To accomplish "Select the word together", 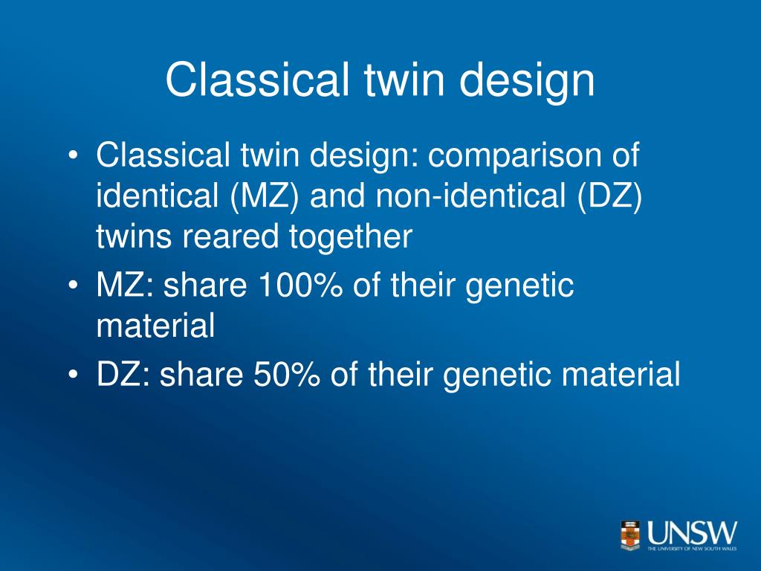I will [351, 236].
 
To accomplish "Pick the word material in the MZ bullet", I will [155, 326].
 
